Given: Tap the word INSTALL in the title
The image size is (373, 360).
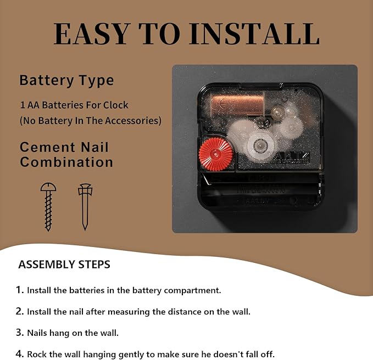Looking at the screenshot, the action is tap(254, 33).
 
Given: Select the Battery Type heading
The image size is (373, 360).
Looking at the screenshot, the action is tap(66, 81).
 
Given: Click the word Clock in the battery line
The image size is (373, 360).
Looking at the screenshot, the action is tap(115, 105).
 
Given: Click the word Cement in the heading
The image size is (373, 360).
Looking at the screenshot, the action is tap(47, 147).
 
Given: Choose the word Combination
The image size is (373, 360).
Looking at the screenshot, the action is tap(66, 162).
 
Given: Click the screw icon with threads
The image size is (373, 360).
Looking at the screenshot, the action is tap(48, 207).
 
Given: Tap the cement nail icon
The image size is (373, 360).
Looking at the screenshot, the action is tap(85, 207).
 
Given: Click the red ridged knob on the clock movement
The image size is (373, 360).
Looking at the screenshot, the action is tap(215, 154).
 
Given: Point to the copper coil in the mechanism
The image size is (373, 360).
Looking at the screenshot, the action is tap(237, 105).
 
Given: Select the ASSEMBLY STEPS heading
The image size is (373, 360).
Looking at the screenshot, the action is tap(64, 265).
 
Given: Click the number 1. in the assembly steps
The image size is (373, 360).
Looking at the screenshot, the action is tap(20, 290).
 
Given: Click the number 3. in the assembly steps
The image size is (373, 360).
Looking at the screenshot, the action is tap(20, 333).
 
